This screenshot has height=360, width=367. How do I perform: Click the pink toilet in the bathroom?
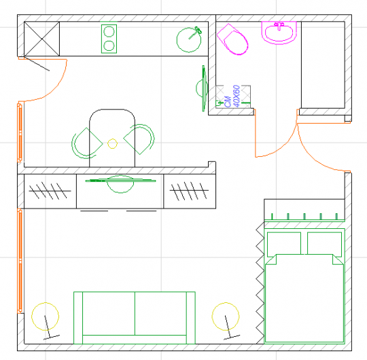232,39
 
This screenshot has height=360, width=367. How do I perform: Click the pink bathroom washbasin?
279,33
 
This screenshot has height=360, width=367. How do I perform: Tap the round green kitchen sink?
189,39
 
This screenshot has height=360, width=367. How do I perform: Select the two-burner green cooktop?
109,39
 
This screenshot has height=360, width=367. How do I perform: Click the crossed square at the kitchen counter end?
42,39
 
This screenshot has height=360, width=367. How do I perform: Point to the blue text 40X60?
237,96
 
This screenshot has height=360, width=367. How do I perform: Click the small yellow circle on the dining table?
112,143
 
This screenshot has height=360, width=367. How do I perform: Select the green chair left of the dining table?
86,143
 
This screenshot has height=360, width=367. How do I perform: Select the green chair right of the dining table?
139,139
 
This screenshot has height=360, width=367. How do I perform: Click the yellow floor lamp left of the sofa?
45,317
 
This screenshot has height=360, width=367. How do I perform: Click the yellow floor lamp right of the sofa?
226,317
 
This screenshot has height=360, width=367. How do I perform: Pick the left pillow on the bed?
284,243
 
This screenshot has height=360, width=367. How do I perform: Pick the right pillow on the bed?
324,243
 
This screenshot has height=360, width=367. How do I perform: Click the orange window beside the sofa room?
20,261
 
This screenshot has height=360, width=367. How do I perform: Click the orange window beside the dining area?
20,132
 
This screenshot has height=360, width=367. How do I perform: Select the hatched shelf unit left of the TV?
50,191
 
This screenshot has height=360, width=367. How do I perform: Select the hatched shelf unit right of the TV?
190,191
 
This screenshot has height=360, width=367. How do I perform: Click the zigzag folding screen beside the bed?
260,283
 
